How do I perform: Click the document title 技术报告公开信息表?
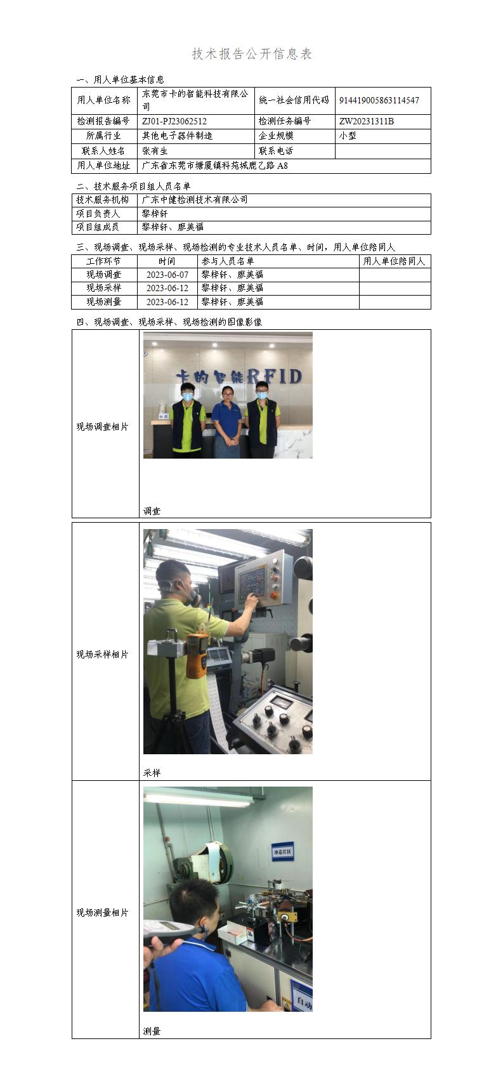pos(252,55)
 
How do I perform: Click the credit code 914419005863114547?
pos(379,100)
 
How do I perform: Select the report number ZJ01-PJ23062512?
pos(174,121)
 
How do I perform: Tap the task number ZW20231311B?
pos(366,121)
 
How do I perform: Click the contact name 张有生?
pos(155,151)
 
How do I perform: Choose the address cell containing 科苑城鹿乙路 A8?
pos(215,166)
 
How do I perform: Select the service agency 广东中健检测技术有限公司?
pos(195,200)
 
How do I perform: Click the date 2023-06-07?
pos(167,275)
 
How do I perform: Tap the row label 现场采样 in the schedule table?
pos(103,288)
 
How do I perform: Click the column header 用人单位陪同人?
pos(394,261)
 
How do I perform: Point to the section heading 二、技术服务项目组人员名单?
pos(133,186)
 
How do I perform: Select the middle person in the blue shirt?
pos(223,422)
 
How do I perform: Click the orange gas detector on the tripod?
pos(197,654)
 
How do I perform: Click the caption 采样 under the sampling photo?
pos(152,773)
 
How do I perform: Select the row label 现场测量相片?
pos(103,913)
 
